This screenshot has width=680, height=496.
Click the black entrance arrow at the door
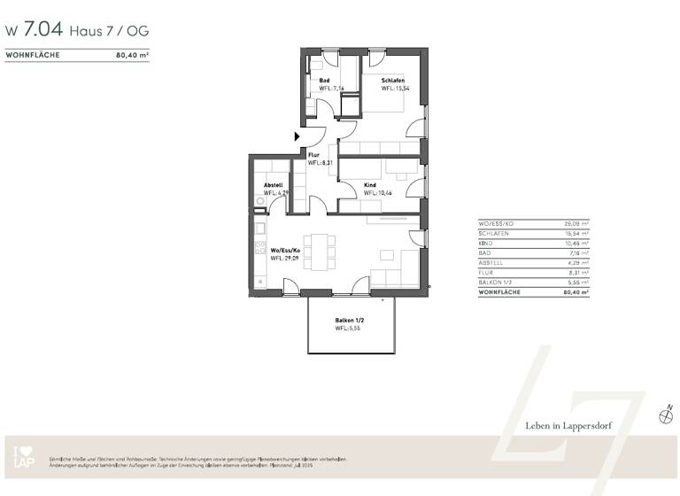pyautogui.click(x=298, y=136)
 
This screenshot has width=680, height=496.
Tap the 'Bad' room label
pyautogui.click(x=324, y=81)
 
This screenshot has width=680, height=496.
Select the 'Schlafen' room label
pyautogui.click(x=394, y=81)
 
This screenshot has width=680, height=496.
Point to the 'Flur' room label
pyautogui.click(x=313, y=155)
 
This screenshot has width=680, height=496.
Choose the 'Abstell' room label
pyautogui.click(x=274, y=184)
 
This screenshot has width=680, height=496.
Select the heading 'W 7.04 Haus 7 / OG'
pyautogui.click(x=77, y=30)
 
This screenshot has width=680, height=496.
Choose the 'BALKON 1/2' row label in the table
pyautogui.click(x=497, y=282)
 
